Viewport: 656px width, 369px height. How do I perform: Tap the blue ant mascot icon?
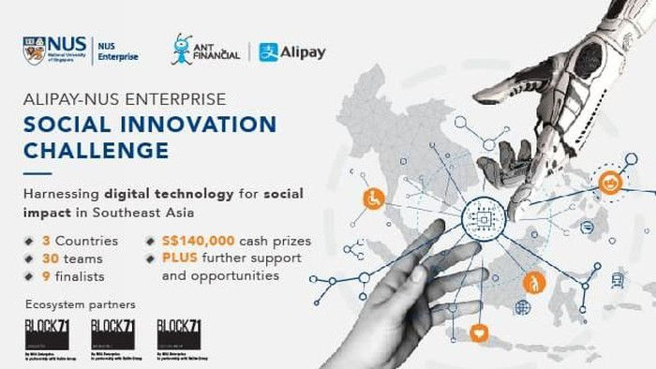[182, 50]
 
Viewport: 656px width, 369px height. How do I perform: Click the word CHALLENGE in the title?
[97, 150]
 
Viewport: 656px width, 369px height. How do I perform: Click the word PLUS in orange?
[180, 258]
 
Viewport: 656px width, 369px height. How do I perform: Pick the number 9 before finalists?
[47, 275]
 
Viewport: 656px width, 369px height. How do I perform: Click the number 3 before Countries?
[47, 241]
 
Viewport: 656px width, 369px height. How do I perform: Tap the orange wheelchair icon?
[372, 199]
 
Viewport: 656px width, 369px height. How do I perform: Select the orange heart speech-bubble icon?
[480, 331]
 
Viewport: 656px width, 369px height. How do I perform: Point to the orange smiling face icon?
[610, 182]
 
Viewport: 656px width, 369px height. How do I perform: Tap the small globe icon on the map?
[522, 306]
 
